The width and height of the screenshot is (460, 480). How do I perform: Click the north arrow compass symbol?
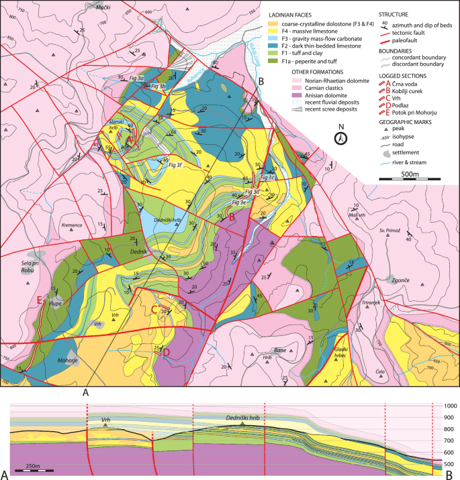(x=341, y=139)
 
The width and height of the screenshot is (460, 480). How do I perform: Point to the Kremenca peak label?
(x=71, y=225)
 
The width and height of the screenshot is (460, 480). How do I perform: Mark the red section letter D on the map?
(x=166, y=352)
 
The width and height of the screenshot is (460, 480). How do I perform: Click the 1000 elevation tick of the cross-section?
(x=448, y=406)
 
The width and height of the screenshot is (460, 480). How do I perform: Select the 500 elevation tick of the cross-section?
(x=448, y=464)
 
